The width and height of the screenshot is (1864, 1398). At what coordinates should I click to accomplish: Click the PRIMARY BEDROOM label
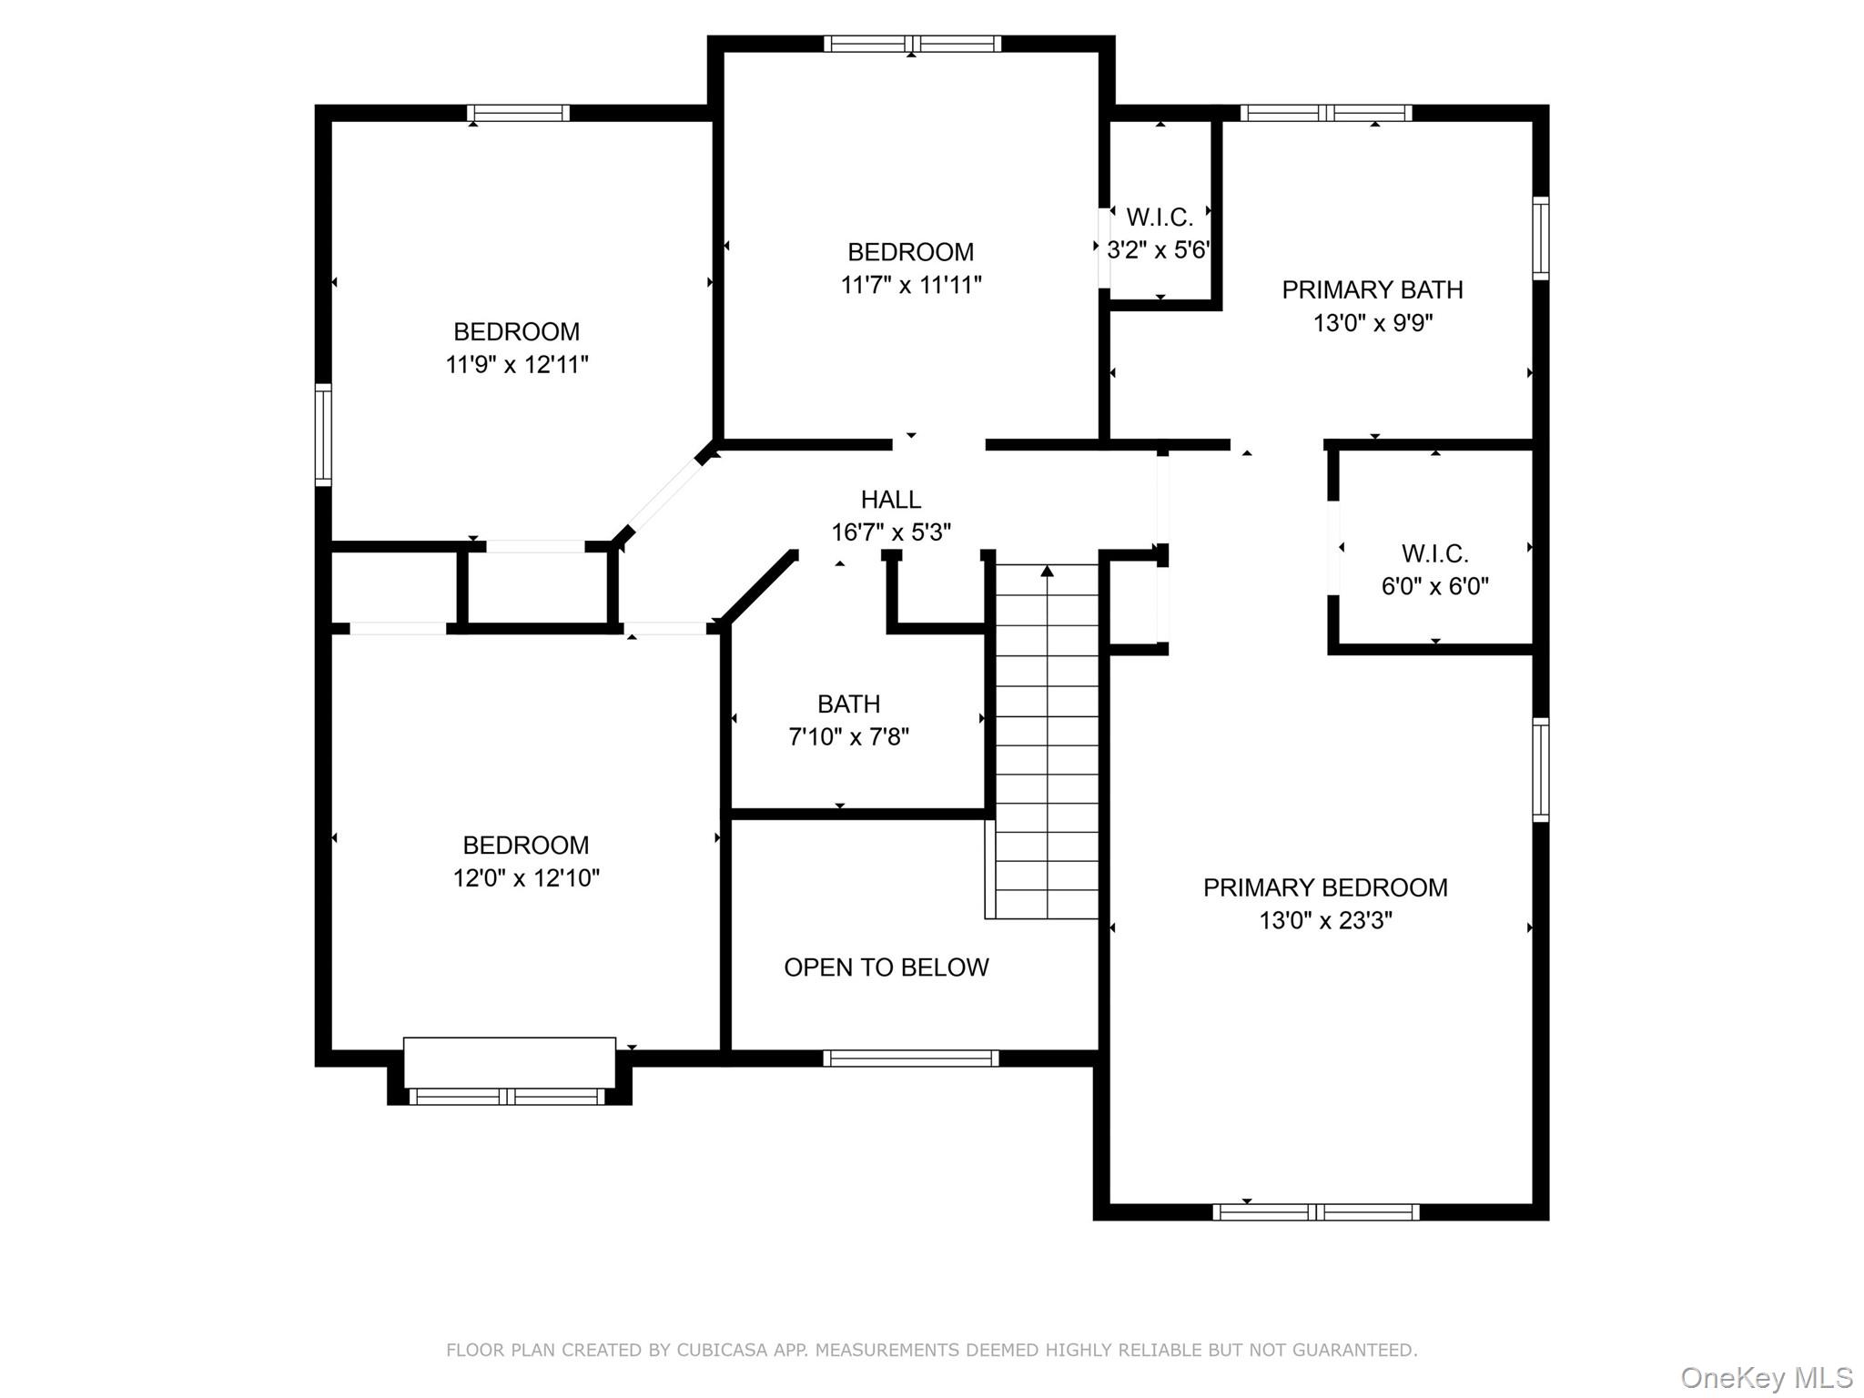tap(1324, 887)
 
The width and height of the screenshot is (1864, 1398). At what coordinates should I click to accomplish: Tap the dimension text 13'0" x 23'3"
tap(1324, 920)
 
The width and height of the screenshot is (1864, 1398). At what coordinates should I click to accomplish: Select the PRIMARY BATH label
tap(1372, 289)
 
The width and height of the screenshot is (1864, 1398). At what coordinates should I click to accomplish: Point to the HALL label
tap(890, 499)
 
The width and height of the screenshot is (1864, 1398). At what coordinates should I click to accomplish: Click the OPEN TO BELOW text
tap(886, 967)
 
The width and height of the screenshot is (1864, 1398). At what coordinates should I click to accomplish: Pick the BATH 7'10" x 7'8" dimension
tap(848, 736)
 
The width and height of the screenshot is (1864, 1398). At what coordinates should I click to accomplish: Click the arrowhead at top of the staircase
tap(1047, 572)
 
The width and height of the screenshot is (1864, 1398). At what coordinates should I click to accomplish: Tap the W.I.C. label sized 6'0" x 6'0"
tap(1434, 553)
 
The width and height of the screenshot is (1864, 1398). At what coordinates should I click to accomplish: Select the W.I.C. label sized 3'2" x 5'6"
tap(1159, 218)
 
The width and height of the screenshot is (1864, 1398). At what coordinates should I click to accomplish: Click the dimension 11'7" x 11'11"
tap(910, 285)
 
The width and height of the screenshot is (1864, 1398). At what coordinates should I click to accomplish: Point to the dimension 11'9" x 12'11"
tap(516, 365)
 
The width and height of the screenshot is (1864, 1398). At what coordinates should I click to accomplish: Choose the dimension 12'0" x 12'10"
tap(526, 878)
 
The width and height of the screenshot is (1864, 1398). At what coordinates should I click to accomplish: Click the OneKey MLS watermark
tap(1766, 1377)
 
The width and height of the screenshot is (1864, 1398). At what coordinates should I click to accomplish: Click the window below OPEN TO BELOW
tap(910, 1058)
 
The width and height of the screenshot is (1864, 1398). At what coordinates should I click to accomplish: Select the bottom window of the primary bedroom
tap(1315, 1211)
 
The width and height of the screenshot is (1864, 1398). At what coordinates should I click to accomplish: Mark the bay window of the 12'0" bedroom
tap(508, 1096)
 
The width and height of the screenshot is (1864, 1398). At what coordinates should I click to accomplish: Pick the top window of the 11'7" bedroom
tap(912, 44)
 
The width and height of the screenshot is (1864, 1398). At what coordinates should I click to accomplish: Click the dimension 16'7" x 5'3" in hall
tap(890, 532)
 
